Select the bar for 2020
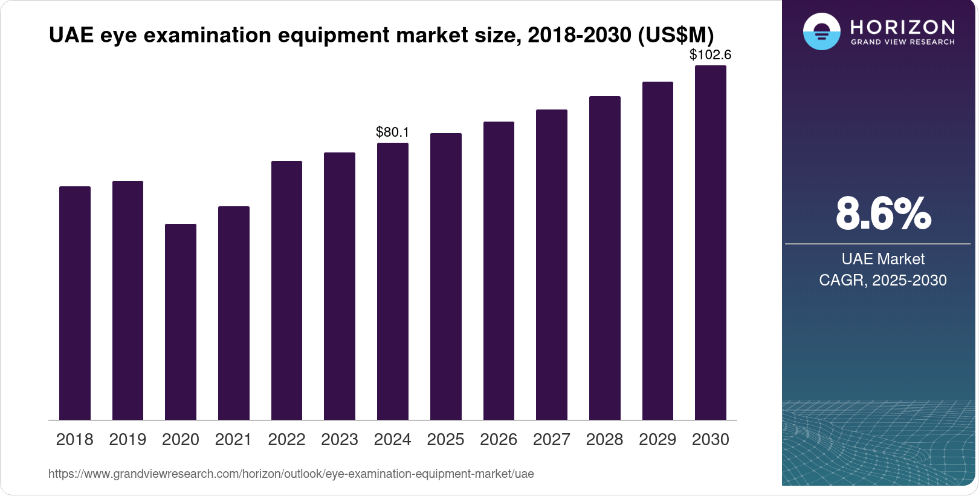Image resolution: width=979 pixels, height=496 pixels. point(181,322)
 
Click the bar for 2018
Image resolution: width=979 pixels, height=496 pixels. point(75,303)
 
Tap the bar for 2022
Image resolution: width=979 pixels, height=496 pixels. point(286,290)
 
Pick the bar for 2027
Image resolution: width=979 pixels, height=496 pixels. point(552,265)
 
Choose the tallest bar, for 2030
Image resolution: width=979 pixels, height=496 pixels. point(711,243)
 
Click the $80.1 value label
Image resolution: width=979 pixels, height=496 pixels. point(393,132)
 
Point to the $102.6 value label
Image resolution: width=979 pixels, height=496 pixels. point(711,54)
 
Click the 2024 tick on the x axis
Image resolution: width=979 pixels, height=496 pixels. point(393,440)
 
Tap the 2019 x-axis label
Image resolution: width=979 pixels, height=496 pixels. point(128,440)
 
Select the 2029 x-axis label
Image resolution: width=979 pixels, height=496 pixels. point(658,440)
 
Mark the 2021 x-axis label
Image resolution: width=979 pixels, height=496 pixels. point(233,440)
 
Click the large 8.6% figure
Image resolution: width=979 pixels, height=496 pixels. point(883,214)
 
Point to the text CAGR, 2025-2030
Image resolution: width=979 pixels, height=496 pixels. point(883,280)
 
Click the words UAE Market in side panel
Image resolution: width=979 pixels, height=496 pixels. point(883,259)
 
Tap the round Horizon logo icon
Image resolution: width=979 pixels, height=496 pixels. point(821,31)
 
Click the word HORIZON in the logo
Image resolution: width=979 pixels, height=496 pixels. point(902,27)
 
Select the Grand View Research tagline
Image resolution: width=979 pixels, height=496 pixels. point(902,42)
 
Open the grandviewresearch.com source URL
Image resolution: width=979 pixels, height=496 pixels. point(291,474)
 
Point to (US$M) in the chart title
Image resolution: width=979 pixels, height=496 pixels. point(676,35)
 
